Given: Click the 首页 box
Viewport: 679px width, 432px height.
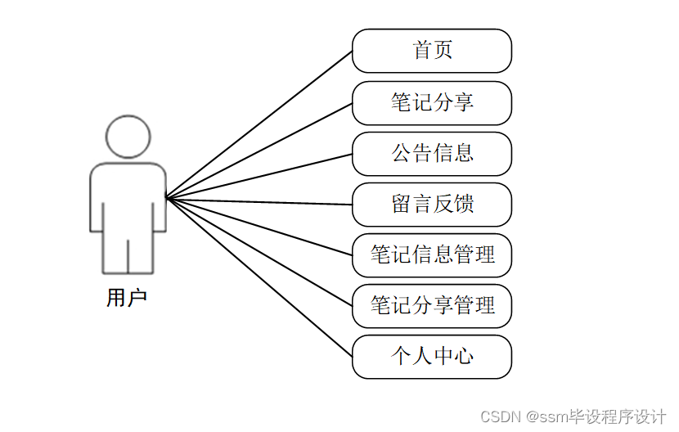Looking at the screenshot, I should (431, 51).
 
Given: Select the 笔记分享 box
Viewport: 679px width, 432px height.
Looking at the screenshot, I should (431, 102).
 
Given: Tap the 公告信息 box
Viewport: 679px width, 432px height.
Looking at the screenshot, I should (431, 153).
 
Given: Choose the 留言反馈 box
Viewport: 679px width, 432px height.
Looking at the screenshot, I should (431, 205).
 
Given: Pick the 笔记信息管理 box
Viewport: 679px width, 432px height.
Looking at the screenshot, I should (431, 255).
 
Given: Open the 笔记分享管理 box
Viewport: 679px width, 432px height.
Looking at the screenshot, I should (431, 306).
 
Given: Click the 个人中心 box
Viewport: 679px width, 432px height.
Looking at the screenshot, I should (431, 357).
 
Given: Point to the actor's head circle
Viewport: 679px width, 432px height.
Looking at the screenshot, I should (128, 137).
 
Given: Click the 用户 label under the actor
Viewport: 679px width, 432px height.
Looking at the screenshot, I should (127, 299).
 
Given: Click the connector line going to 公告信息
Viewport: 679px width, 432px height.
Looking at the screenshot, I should (259, 176).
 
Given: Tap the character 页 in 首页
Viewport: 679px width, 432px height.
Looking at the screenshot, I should (443, 51).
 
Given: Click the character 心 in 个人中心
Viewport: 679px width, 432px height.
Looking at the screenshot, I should (464, 357).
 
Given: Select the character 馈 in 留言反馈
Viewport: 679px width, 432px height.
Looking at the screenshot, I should (464, 205).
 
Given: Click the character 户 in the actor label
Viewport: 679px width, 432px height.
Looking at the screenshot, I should (137, 299).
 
